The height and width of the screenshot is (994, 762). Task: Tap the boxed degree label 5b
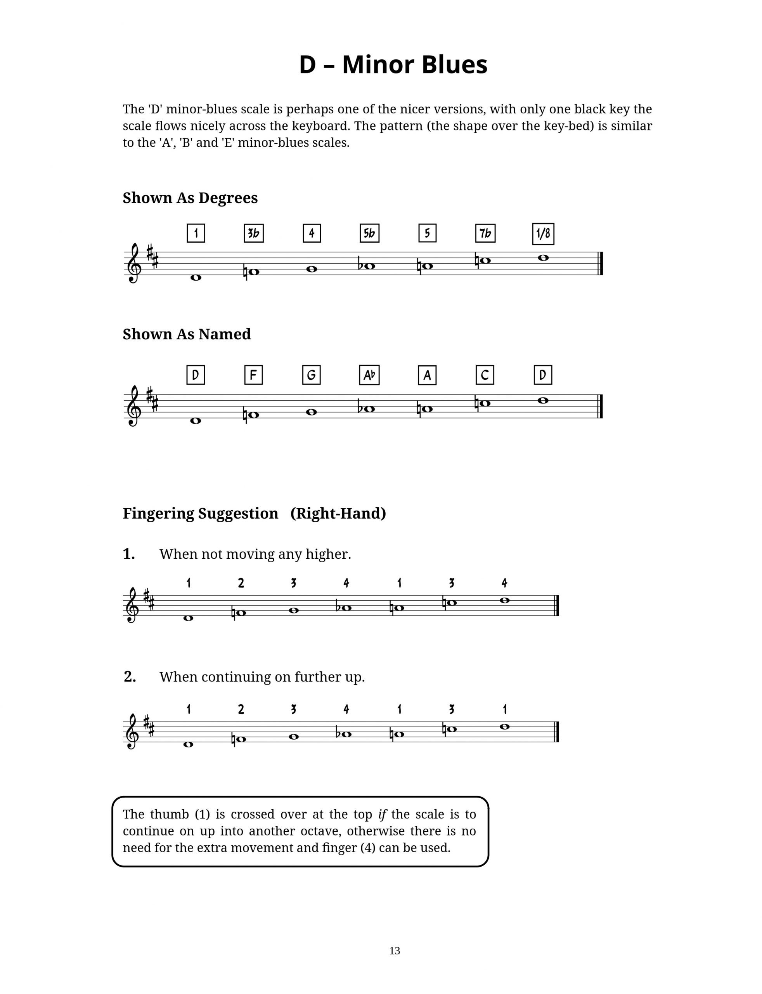point(369,233)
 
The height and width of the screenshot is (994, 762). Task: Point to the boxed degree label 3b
point(253,233)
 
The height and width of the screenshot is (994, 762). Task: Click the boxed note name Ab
point(369,375)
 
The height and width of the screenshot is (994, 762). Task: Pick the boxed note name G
point(311,375)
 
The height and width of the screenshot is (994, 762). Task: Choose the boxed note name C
point(485,375)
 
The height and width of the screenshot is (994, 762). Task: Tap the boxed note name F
point(253,375)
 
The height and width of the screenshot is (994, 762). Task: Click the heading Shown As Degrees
point(190,198)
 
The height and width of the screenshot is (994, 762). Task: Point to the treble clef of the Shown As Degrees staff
point(133,263)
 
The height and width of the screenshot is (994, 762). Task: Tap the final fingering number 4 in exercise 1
point(504,583)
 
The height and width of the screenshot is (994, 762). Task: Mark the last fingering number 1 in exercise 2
point(505,709)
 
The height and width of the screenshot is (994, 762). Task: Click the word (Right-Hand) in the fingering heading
point(338,513)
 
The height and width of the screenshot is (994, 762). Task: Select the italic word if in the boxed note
point(382,814)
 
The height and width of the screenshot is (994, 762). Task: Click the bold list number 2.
point(130,677)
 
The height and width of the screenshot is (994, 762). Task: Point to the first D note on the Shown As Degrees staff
point(196,277)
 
